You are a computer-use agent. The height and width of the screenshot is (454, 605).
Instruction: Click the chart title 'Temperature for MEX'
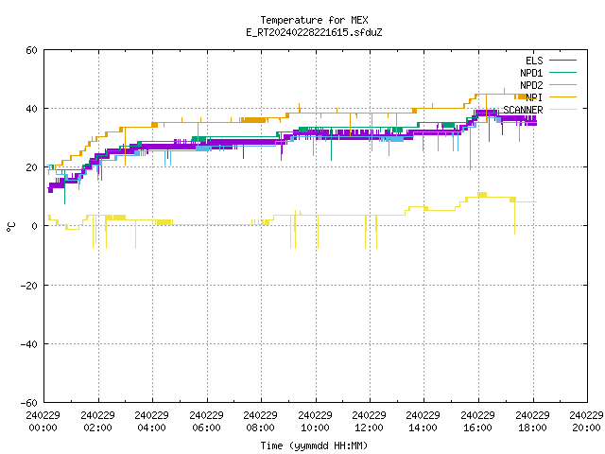[x=314, y=20]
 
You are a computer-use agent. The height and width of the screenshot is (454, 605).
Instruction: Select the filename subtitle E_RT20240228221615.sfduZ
[x=314, y=32]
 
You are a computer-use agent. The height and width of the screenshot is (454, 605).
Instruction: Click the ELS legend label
[x=534, y=61]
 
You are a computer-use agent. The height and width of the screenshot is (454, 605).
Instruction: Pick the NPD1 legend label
[x=531, y=73]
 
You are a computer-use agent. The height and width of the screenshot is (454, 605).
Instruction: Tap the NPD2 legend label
[x=531, y=85]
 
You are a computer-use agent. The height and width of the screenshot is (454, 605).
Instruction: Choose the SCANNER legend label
[x=523, y=110]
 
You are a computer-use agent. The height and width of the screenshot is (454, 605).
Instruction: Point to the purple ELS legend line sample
[x=563, y=61]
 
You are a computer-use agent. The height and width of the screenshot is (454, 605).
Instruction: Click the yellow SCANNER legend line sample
[x=563, y=110]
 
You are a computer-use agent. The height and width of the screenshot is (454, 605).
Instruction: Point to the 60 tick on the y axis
[x=31, y=50]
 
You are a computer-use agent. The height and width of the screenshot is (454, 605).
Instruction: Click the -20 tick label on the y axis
[x=29, y=286]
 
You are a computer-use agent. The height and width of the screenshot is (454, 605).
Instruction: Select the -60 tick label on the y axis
[x=29, y=403]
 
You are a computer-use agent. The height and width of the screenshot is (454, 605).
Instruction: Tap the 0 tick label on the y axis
[x=35, y=226]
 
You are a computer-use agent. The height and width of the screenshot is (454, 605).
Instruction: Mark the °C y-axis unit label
[x=10, y=227]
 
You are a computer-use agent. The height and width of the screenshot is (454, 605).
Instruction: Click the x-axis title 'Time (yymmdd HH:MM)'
[x=314, y=445]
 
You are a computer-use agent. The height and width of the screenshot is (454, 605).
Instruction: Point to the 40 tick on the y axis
[x=31, y=109]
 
